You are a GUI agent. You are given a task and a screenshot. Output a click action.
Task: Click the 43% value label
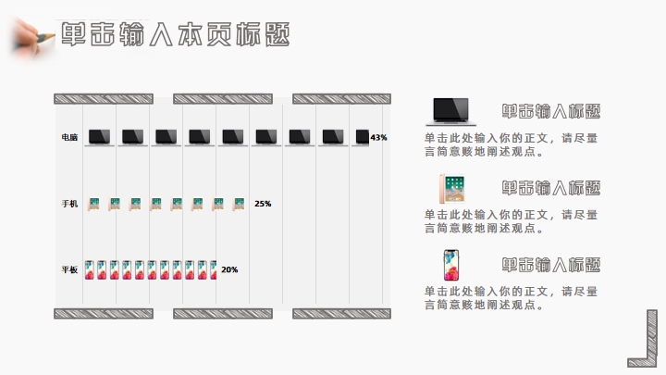[x=378, y=137]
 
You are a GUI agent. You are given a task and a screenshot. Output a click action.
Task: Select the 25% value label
[x=263, y=204]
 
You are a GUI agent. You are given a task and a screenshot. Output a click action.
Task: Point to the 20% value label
[x=229, y=270]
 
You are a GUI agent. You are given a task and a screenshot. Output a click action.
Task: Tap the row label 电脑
[x=70, y=137]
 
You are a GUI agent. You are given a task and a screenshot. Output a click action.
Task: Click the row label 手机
[x=70, y=204]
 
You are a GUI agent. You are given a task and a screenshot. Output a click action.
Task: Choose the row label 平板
[x=70, y=270]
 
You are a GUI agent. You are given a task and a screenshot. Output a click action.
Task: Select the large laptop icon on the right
[x=450, y=111]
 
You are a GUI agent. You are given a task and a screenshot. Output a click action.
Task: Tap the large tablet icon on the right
[x=451, y=188]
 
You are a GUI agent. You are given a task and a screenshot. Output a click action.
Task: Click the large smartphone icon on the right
[x=451, y=265]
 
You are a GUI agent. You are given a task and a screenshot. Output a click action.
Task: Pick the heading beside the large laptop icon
[x=551, y=111]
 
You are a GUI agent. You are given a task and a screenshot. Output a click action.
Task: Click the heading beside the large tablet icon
[x=551, y=188]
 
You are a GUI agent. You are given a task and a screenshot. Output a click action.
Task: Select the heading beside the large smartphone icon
[x=551, y=265]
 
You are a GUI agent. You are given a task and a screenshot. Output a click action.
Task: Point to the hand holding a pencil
[x=30, y=35]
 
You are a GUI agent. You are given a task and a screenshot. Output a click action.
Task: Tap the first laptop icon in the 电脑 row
[x=100, y=137]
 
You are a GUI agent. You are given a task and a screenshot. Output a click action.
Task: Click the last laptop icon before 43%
[x=362, y=137]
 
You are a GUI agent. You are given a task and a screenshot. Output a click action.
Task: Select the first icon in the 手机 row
[x=93, y=204]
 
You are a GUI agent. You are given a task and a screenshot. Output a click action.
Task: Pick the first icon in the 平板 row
[x=90, y=270]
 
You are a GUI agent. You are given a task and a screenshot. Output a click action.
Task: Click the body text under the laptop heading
[x=511, y=145]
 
